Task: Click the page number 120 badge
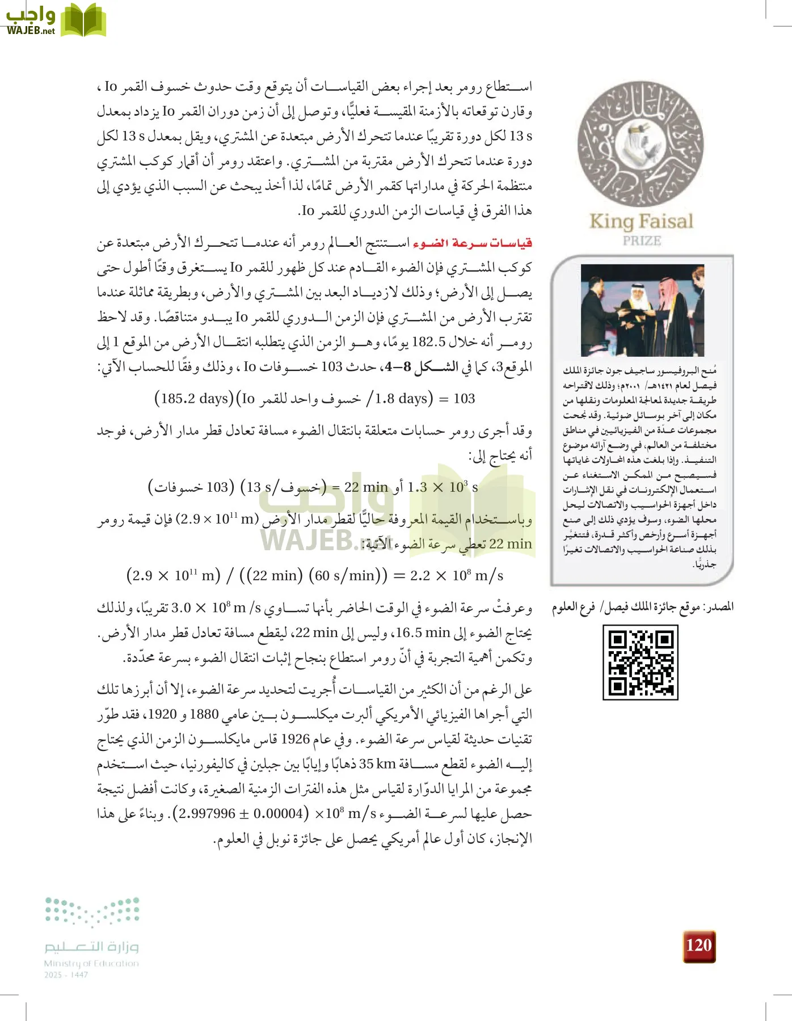[698, 946]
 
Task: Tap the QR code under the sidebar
[640, 662]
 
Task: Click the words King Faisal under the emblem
[641, 221]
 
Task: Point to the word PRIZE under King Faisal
[642, 241]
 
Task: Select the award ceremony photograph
[642, 310]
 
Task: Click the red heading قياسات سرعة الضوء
[473, 243]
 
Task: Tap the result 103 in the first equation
[464, 399]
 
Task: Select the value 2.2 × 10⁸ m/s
[456, 576]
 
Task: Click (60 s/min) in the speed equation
[348, 576]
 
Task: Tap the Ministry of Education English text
[91, 963]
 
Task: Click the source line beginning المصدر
[642, 607]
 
